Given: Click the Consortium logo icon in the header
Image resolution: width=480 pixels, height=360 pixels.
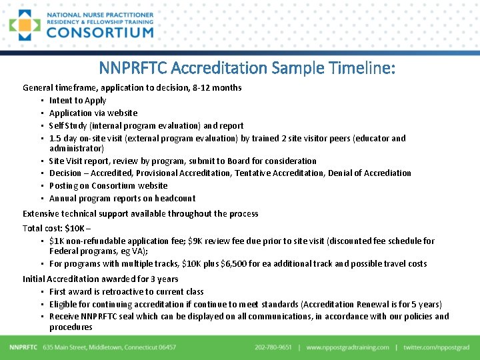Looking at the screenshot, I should point(25,25).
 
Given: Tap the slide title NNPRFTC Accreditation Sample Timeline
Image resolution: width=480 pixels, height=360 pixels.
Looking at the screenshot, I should point(247,67).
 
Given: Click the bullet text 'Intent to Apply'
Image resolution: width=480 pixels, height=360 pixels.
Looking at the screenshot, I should point(77,100).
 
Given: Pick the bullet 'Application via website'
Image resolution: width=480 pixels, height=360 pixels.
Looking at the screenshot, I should point(93,113).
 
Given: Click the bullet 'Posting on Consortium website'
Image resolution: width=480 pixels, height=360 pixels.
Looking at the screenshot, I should point(108,185).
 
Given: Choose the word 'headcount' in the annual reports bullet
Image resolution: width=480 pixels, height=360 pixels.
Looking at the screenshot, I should point(174,198).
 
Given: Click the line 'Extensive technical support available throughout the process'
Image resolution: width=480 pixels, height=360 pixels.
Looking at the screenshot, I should point(140,213).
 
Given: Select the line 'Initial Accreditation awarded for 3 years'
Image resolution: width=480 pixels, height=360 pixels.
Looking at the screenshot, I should point(100,279).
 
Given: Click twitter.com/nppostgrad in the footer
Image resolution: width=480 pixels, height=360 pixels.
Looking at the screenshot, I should point(437,347).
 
